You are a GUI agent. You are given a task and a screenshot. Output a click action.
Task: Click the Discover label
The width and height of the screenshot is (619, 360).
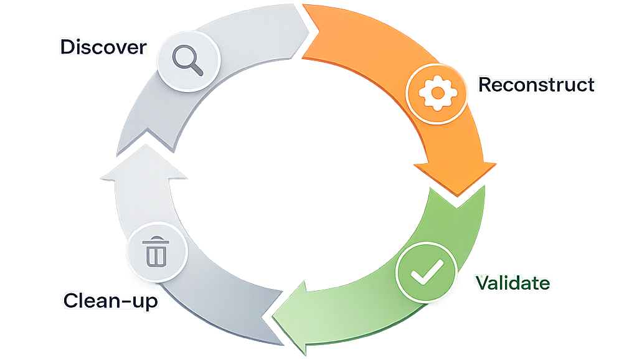[103, 47]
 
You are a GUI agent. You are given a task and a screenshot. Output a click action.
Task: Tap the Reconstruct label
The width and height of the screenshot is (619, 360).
[536, 85]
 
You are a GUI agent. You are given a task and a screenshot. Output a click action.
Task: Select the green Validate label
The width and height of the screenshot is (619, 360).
[513, 283]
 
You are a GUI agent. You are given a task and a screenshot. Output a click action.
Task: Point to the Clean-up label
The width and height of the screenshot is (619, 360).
[111, 301]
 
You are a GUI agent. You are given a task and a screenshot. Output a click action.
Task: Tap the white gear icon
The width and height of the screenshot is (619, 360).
[437, 93]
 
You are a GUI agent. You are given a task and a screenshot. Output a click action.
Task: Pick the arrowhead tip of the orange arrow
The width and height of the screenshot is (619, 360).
[457, 196]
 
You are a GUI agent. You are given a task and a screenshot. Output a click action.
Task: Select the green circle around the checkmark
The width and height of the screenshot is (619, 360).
[427, 272]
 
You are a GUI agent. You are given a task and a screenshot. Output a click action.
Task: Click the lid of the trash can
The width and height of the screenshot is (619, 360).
[156, 240]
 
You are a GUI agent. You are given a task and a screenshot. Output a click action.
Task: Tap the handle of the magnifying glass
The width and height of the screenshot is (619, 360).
[197, 70]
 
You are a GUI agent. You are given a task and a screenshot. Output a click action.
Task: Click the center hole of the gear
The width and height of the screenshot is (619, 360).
[437, 93]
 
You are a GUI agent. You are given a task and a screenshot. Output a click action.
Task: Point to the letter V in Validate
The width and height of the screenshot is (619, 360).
[483, 283]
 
